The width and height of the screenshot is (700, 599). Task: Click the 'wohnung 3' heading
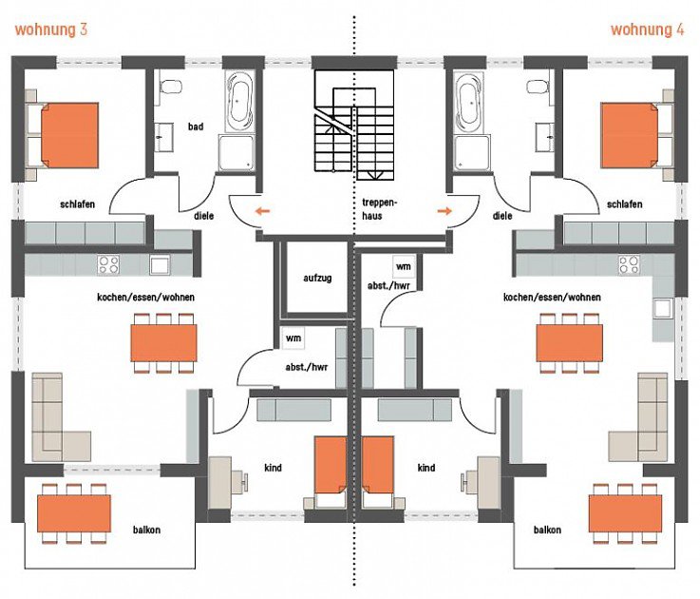pyautogui.click(x=51, y=29)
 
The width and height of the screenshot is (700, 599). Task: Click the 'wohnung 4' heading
pyautogui.click(x=647, y=29)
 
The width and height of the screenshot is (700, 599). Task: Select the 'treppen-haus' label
pyautogui.click(x=378, y=209)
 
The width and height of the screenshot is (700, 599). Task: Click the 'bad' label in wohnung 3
pyautogui.click(x=196, y=126)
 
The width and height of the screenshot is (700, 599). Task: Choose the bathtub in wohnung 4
pyautogui.click(x=468, y=103)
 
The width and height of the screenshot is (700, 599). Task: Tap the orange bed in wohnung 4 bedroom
pyautogui.click(x=632, y=134)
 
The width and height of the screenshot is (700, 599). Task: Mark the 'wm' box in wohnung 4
pyautogui.click(x=403, y=266)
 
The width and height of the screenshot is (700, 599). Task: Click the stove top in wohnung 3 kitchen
pyautogui.click(x=107, y=264)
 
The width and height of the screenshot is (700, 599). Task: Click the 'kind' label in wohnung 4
pyautogui.click(x=426, y=468)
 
